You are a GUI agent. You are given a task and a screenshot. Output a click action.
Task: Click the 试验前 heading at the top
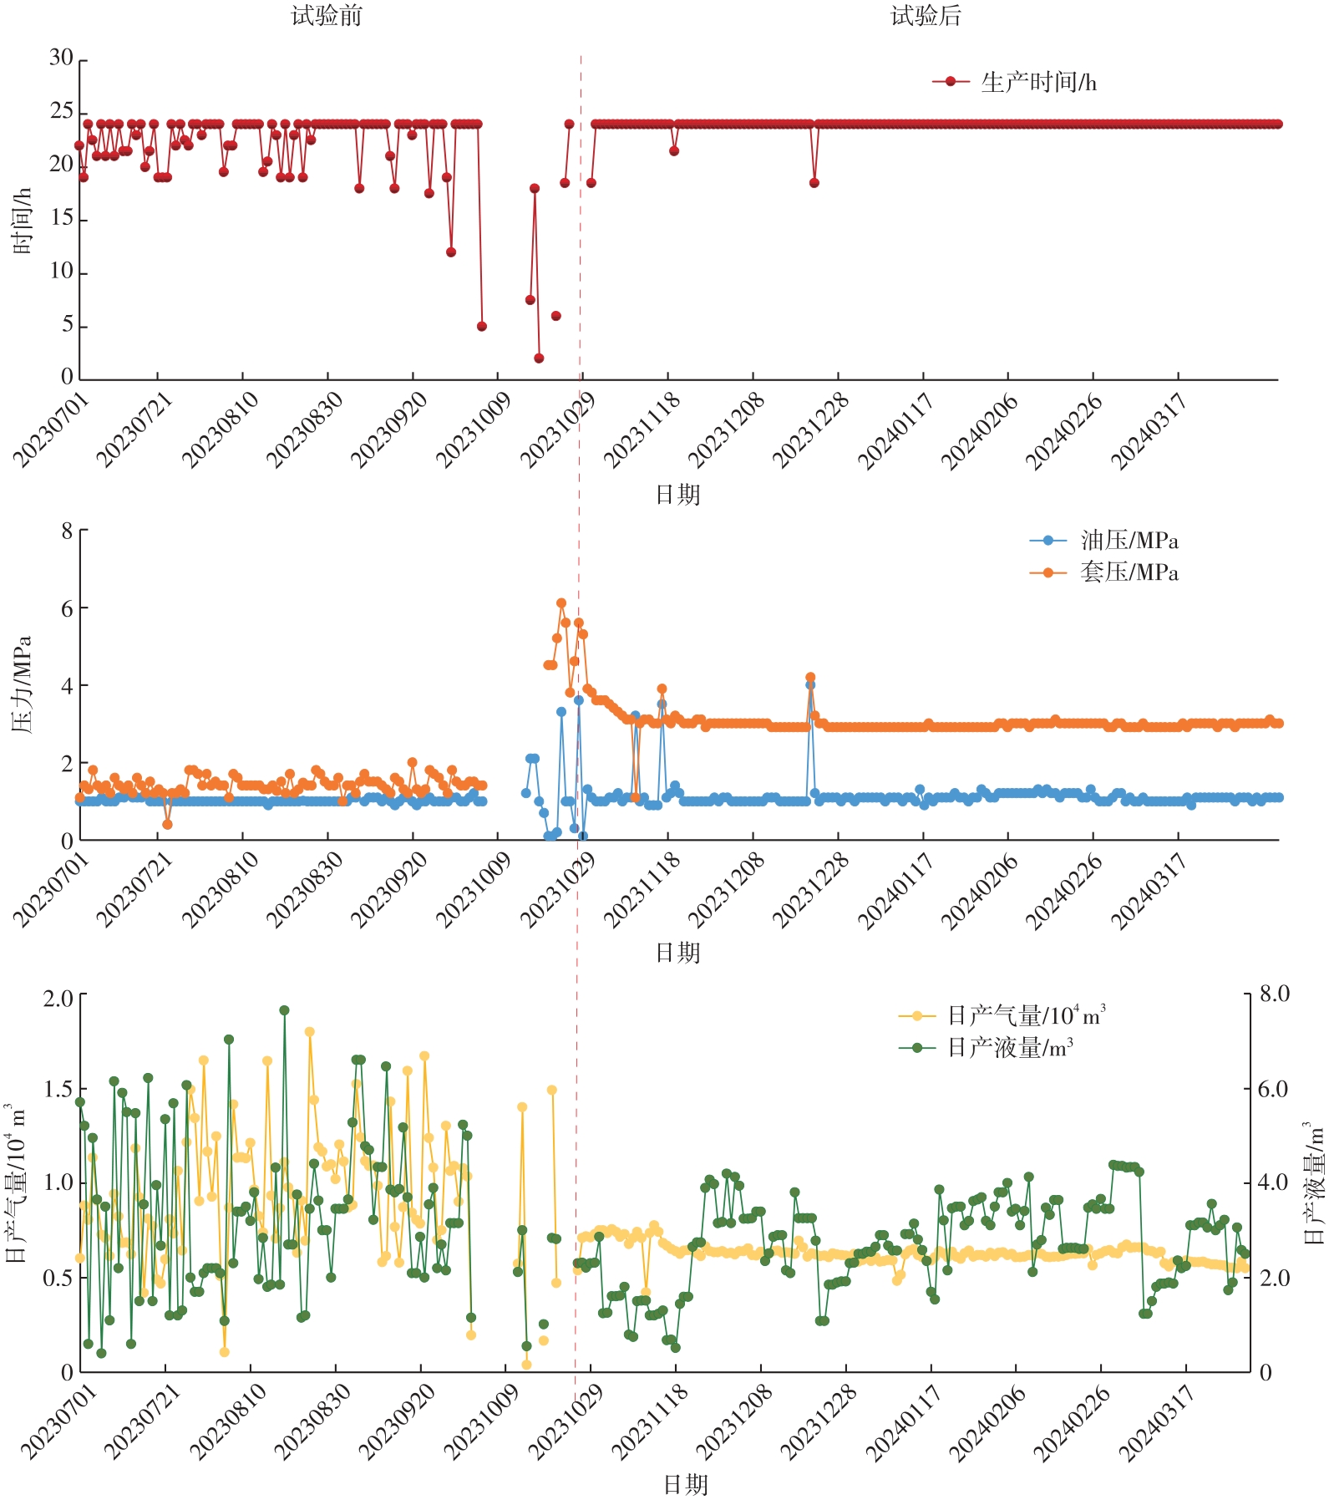(327, 16)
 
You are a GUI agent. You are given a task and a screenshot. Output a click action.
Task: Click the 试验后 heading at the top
(926, 16)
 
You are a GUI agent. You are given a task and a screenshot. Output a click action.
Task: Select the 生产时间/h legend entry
(1038, 82)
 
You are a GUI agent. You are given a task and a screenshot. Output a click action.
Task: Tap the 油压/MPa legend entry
(1129, 541)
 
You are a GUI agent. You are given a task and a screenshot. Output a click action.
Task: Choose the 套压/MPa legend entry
(1129, 572)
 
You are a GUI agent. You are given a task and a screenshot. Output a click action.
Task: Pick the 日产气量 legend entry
(1026, 1016)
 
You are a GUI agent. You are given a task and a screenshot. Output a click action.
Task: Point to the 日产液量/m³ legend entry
(1010, 1047)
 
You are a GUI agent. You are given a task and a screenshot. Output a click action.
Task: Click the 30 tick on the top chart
(61, 58)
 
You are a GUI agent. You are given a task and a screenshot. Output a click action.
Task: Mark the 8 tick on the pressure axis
(67, 531)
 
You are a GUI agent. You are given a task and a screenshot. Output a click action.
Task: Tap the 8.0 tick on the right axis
(1274, 994)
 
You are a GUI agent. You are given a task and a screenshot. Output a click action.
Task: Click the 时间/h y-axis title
(23, 221)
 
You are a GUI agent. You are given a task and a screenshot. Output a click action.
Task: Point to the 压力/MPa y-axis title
(23, 684)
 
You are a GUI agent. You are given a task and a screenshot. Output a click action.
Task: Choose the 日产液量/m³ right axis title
(1313, 1182)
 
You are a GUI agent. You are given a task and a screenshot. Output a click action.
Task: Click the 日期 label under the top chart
(677, 495)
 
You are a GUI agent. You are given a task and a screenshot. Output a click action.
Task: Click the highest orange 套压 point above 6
(561, 603)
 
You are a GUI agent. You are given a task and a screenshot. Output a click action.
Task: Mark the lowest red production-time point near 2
(539, 358)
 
